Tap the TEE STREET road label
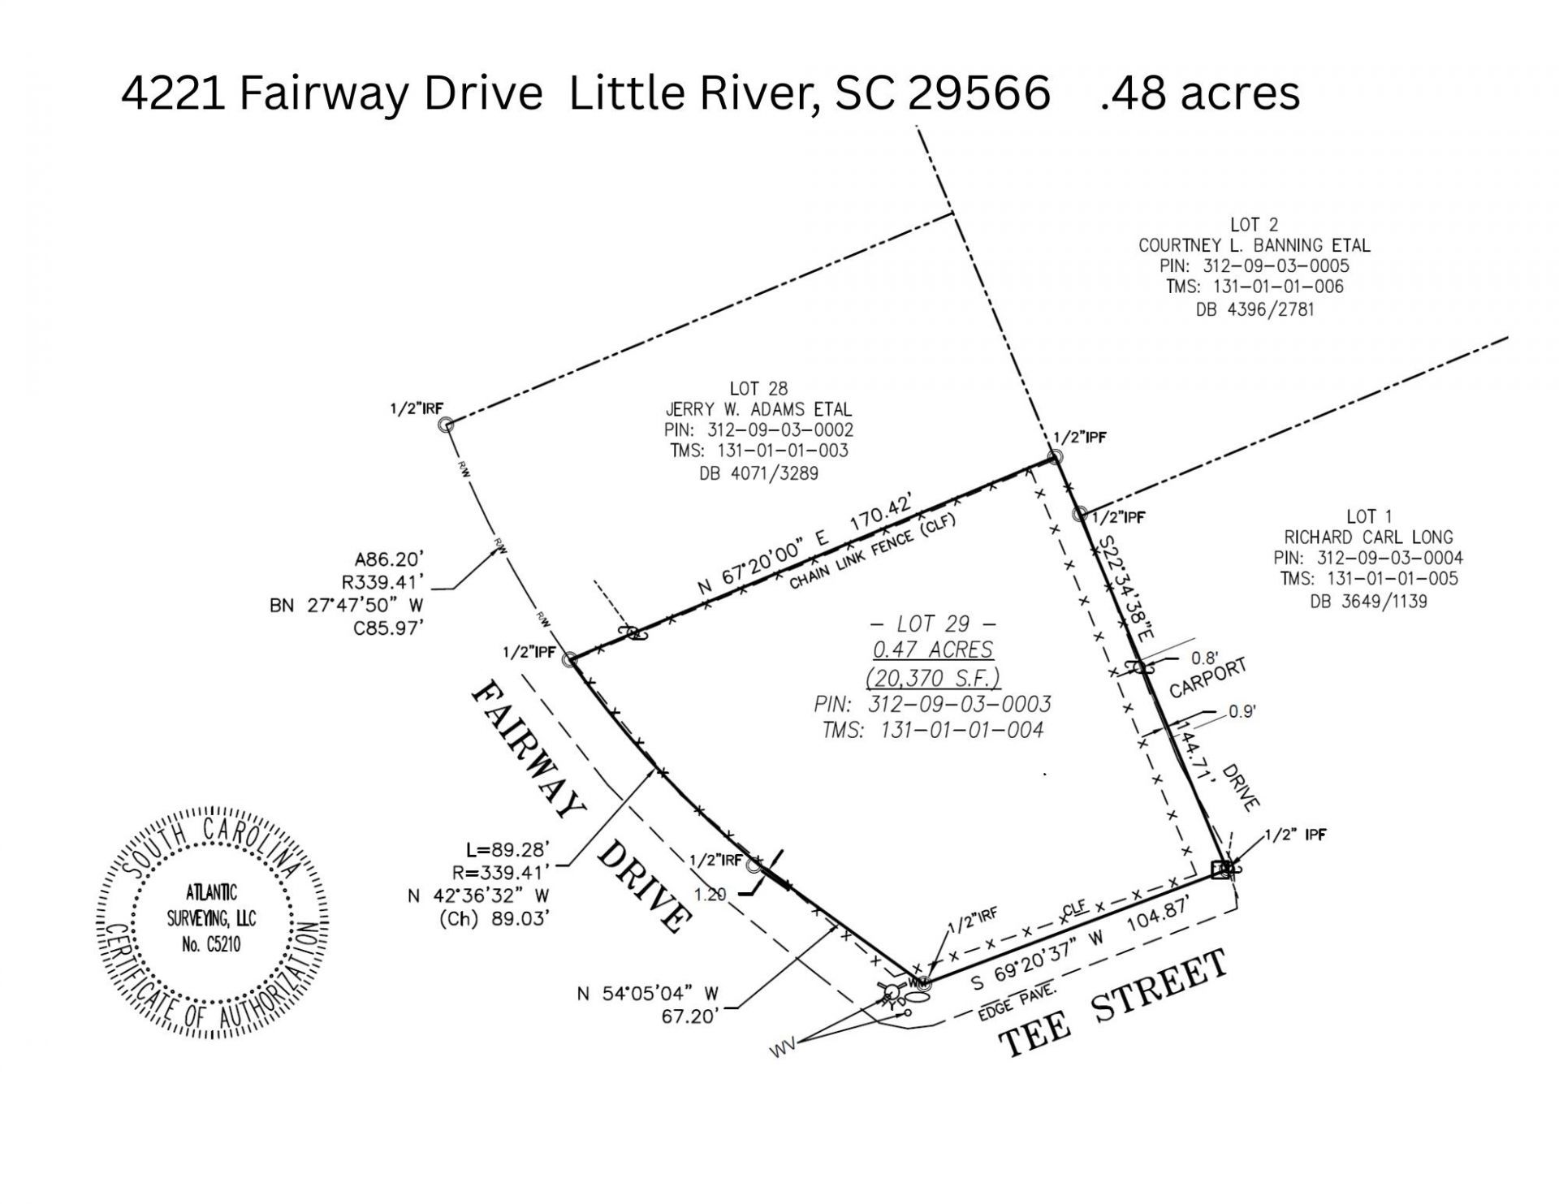pos(1112,1003)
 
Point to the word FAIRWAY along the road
pos(527,749)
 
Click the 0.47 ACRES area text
pos(933,649)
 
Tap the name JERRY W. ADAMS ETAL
pos(758,409)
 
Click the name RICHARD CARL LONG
pos(1368,537)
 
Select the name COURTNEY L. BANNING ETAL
pos(1254,245)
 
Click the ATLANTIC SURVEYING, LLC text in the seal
pos(212,918)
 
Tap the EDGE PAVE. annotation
pos(1017,1002)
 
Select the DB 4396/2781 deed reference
pos(1255,309)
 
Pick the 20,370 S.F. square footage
pos(933,677)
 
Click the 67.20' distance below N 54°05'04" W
pos(689,1016)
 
